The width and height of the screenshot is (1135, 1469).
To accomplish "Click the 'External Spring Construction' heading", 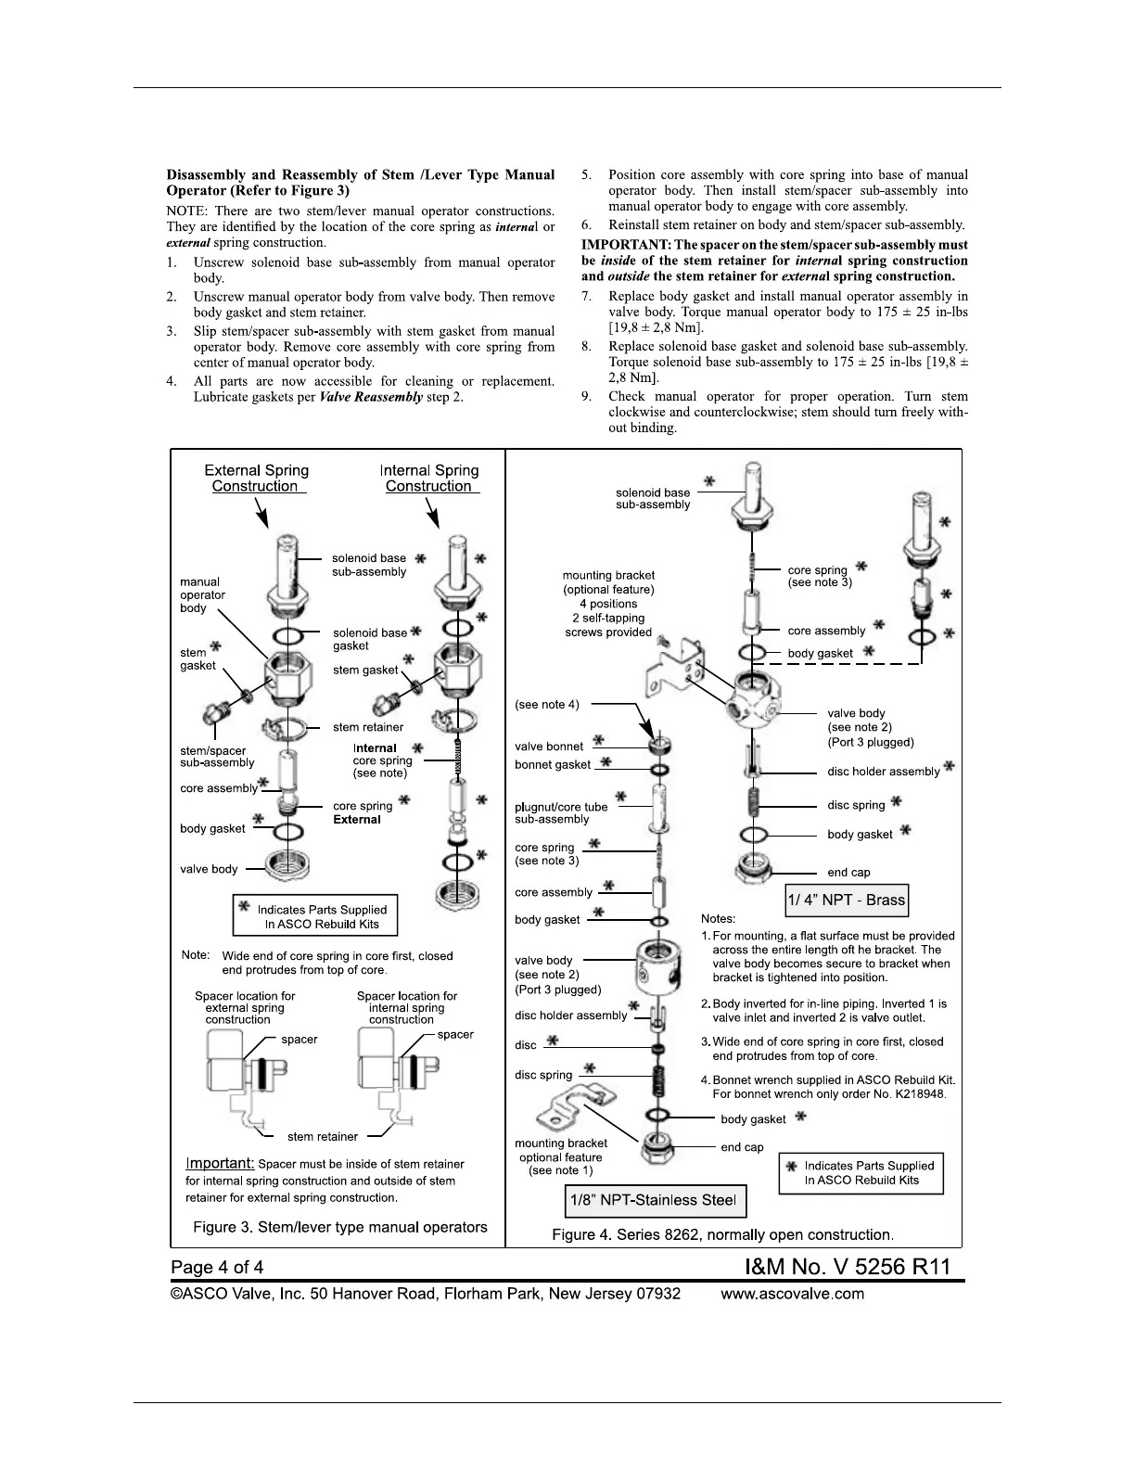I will click(256, 479).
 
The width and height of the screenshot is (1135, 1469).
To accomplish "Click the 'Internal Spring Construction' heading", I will click(429, 479).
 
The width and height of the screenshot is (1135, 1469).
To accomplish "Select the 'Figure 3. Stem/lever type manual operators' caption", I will click(339, 1227).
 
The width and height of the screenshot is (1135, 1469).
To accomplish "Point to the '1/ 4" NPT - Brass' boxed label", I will click(847, 900).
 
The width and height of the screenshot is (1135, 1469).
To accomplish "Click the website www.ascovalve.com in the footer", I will click(792, 1294).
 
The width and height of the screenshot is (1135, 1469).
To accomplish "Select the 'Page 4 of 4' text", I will click(217, 1267).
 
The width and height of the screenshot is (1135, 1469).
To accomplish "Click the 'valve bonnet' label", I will click(549, 747).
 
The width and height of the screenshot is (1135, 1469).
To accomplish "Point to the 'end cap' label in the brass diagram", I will click(848, 873).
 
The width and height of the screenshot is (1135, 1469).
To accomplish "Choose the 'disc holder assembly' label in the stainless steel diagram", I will click(570, 1016).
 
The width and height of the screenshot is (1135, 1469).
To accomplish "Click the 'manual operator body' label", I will click(202, 595).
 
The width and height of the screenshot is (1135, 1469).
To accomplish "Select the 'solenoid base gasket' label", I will click(369, 639).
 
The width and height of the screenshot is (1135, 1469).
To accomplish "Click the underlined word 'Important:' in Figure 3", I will click(220, 1163).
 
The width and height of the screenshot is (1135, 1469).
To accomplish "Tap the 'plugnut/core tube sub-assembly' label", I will click(561, 813).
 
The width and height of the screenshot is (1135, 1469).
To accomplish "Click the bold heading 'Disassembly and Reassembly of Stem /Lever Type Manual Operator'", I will click(360, 182).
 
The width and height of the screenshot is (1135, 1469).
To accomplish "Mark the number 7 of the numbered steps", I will click(586, 297).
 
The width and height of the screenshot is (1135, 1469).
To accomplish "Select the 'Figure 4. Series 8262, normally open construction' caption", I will click(722, 1234).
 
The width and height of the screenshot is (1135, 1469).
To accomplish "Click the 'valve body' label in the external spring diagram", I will click(209, 869).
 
